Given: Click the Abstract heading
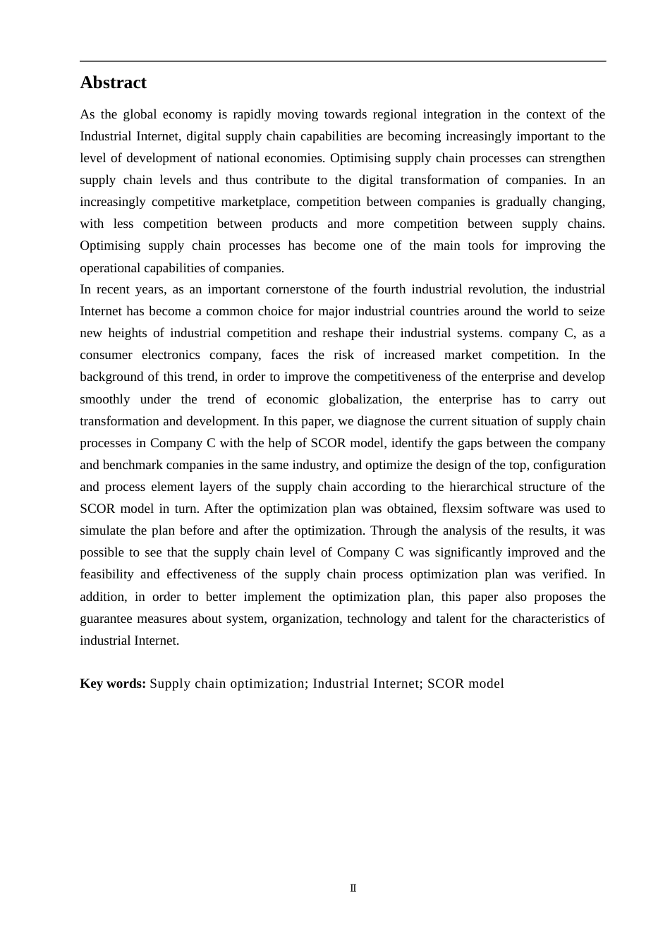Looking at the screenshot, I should [113, 83].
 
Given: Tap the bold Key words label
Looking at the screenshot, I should [113, 683].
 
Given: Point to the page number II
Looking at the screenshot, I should [353, 888].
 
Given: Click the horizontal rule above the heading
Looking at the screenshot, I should [343, 61].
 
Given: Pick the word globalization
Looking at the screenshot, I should [365, 399].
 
